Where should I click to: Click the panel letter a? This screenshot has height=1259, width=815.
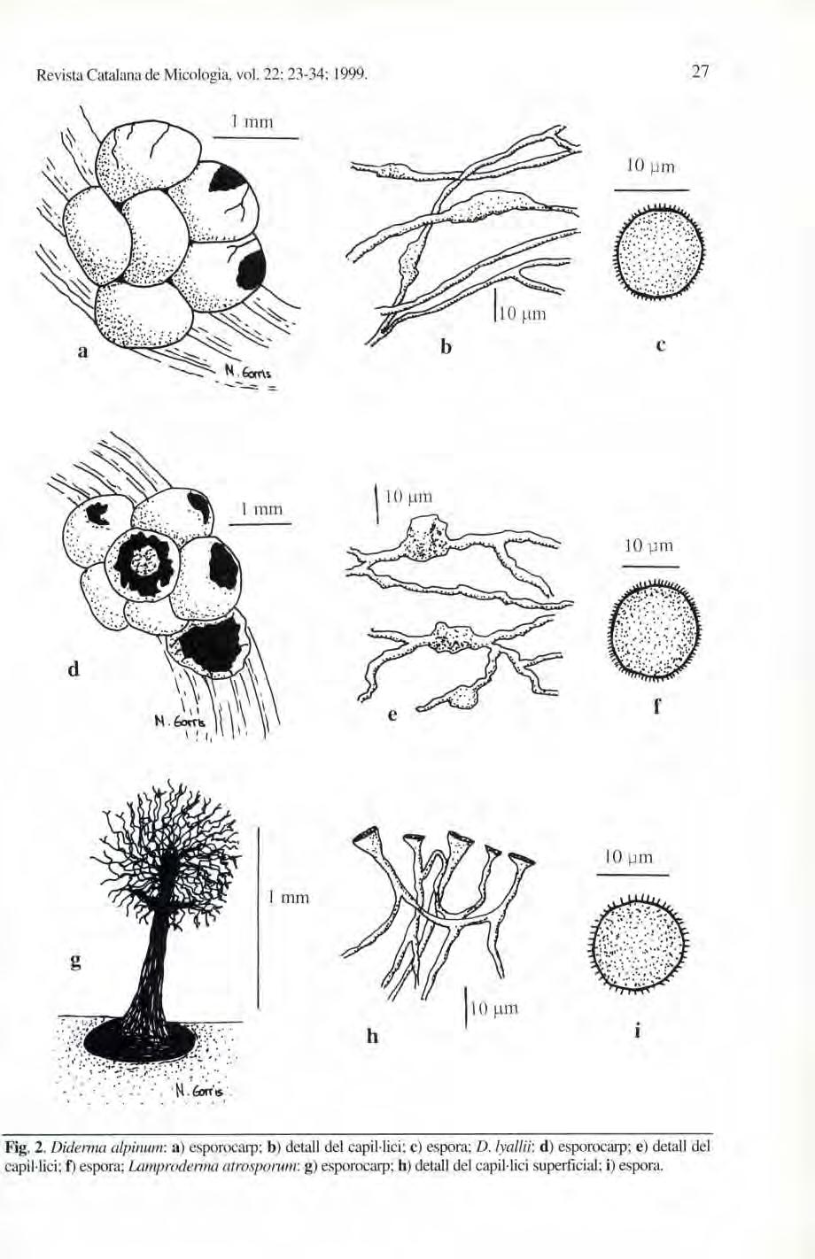coord(81,351)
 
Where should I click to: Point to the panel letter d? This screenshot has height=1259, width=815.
coord(74,669)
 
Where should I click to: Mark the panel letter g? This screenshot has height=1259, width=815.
coord(73,962)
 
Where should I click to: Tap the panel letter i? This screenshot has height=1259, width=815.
coord(638,1031)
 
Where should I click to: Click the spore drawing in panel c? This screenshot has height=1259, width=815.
coord(660,253)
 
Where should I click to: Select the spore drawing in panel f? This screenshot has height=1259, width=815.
coord(656,631)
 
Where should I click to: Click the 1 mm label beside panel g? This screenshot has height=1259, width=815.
coord(287,898)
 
